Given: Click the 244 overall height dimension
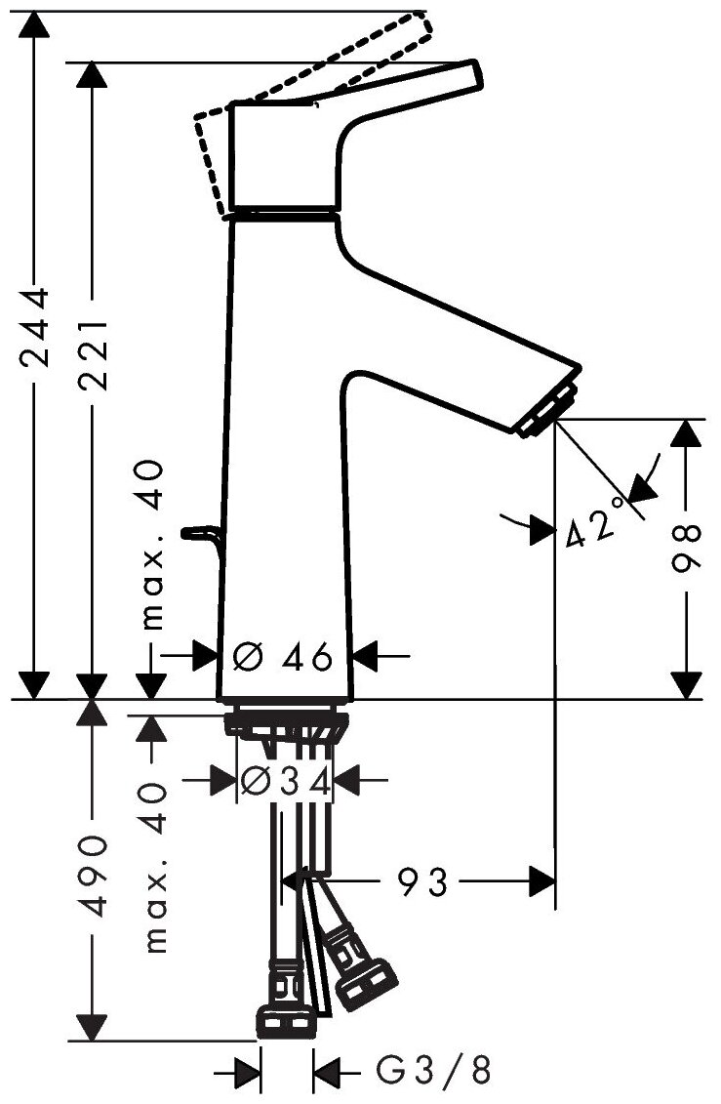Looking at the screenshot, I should (35, 328).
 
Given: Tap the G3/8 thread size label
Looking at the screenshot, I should (433, 1074).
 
